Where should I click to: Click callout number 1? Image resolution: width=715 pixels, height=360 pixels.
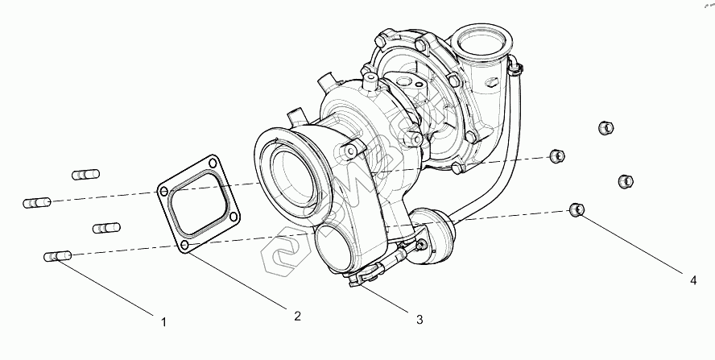(164, 322)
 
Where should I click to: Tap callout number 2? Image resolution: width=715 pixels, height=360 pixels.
(297, 316)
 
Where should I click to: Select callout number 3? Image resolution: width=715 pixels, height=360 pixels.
(419, 320)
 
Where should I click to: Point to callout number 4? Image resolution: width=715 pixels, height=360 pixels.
(692, 280)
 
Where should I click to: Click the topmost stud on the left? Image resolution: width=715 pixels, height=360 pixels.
(85, 174)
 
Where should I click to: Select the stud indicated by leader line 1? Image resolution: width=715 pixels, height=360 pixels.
(56, 256)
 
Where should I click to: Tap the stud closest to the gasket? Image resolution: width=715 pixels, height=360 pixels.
(106, 229)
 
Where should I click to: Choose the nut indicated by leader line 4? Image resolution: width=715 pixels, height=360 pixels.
(576, 211)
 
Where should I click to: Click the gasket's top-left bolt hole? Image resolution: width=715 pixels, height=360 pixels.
(165, 192)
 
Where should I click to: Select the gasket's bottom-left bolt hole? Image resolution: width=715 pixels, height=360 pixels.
(185, 245)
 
